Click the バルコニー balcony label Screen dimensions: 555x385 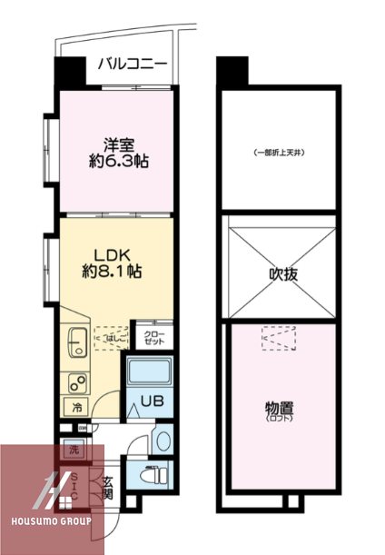132,64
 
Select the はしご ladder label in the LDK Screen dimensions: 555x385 112,338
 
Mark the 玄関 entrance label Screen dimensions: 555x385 107,488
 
